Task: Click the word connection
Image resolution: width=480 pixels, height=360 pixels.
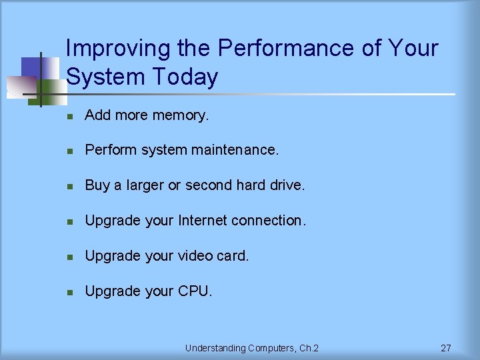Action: pyautogui.click(x=272, y=221)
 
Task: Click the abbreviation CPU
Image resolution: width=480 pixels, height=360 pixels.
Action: pyautogui.click(x=195, y=291)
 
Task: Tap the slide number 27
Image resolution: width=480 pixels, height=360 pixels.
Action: pyautogui.click(x=446, y=348)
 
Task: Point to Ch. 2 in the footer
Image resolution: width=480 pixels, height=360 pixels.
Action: pyautogui.click(x=307, y=348)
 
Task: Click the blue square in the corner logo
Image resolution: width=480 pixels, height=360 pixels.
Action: pyautogui.click(x=31, y=67)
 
